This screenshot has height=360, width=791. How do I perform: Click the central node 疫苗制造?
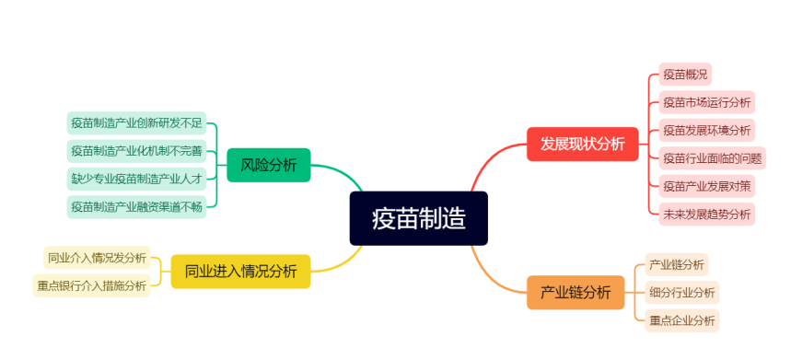pos(418,218)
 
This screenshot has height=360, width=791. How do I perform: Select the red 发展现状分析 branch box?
pos(582,144)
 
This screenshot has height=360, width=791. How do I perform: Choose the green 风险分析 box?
pos(268,166)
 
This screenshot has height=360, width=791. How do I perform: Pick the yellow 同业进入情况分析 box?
pos(240,271)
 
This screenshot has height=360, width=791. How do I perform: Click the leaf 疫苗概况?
pos(685,75)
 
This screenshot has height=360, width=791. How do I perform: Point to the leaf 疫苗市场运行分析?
pos(706,102)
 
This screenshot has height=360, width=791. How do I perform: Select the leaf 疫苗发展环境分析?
pos(706,130)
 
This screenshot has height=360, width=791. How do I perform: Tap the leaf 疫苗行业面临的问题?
pos(712,157)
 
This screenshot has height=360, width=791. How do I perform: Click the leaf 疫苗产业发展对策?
pos(706,186)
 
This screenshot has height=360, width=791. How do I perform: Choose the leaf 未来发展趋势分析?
pos(706,215)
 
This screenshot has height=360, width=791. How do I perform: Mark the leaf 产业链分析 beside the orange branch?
pos(677,265)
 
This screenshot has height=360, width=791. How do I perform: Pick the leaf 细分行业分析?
pos(681,293)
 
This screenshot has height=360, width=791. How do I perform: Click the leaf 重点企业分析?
pos(681,320)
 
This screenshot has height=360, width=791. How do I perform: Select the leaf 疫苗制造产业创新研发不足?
pos(136,122)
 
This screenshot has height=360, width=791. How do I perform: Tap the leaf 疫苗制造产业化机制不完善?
pos(136,150)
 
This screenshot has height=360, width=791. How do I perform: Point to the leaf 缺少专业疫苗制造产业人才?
pos(136,178)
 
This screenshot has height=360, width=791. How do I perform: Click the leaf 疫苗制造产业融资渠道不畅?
pos(136,206)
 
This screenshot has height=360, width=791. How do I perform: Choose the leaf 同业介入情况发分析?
pos(97,257)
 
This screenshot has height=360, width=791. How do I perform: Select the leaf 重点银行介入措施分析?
pos(91,285)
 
